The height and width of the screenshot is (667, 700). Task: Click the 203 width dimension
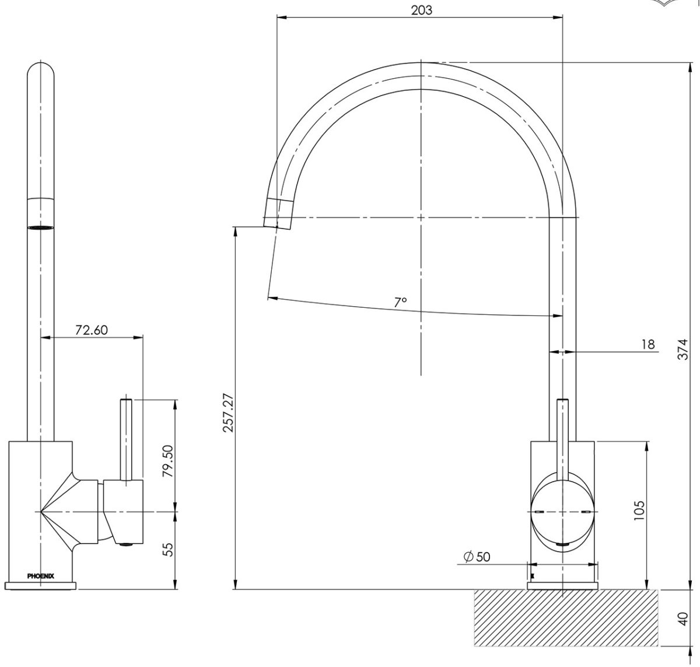(x=421, y=10)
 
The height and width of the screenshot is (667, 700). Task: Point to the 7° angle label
(x=400, y=302)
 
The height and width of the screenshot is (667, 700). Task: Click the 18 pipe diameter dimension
(x=648, y=345)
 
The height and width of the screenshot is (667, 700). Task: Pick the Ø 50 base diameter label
(x=477, y=557)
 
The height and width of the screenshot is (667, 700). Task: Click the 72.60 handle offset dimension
(x=92, y=329)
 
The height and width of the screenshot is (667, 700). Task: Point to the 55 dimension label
(x=168, y=549)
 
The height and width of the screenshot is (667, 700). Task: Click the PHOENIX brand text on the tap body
(x=41, y=575)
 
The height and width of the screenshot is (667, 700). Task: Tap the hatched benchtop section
(x=566, y=618)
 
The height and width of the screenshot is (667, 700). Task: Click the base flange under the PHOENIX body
(x=41, y=585)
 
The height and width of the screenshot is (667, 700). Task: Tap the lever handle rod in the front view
(x=563, y=437)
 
